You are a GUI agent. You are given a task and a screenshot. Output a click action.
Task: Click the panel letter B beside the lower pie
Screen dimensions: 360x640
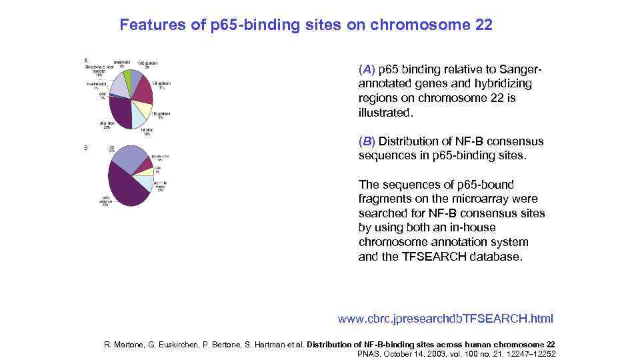85,147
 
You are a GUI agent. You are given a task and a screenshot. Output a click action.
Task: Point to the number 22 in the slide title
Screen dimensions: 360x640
483,25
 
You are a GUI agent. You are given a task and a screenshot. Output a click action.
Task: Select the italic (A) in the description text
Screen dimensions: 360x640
367,69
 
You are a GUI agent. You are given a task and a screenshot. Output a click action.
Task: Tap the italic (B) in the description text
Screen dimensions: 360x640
367,141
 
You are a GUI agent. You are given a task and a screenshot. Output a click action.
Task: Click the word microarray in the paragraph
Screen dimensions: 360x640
476,199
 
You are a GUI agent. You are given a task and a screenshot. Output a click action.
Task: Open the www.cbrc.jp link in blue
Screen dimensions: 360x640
445,319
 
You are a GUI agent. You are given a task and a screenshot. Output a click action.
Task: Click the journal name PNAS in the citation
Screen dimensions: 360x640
371,353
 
